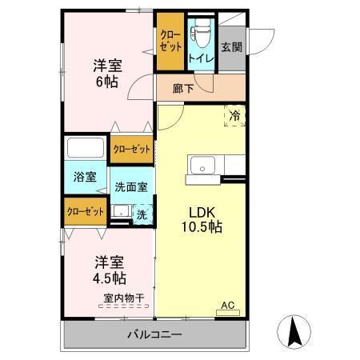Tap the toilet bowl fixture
pyautogui.click(x=200, y=32)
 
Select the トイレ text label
pyautogui.click(x=200, y=58)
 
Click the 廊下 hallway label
pyautogui.click(x=183, y=89)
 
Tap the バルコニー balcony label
pyautogui.click(x=154, y=334)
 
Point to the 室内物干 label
pyautogui.click(x=123, y=298)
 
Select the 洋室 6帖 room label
pyautogui.click(x=106, y=74)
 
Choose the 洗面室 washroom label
pyautogui.click(x=130, y=187)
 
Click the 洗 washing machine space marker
pyautogui.click(x=141, y=214)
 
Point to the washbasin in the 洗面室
pyautogui.click(x=121, y=213)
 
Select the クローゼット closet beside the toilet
pyautogui.click(x=170, y=41)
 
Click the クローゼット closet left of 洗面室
pyautogui.click(x=85, y=211)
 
